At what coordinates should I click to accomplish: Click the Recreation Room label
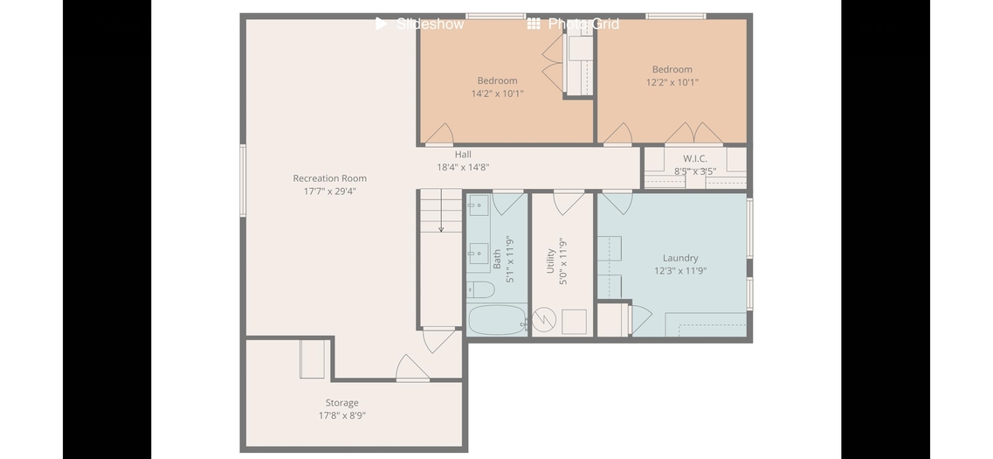329,178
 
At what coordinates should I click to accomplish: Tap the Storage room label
342,402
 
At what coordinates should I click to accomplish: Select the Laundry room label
680,258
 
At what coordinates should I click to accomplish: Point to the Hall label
463,154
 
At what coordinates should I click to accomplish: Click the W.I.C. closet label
694,158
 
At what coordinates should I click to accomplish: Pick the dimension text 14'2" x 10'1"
497,94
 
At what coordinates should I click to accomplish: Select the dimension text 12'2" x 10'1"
672,82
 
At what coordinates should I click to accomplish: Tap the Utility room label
550,261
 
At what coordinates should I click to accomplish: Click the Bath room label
497,260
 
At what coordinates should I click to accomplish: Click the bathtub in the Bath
496,320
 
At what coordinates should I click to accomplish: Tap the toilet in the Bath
480,289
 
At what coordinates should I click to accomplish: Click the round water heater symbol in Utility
543,319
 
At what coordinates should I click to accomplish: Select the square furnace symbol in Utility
574,322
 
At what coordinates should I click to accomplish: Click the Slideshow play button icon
381,24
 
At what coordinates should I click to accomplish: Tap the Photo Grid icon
534,24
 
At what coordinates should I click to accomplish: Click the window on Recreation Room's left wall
243,181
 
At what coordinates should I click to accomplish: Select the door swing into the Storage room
412,368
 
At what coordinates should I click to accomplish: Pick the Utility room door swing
569,202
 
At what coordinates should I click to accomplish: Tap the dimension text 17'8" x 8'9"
342,416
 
